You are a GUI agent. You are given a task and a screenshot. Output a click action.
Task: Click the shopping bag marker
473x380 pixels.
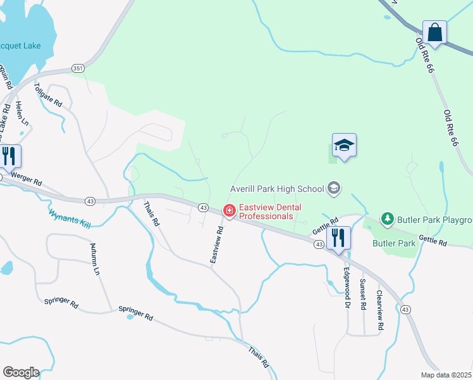click(435, 32)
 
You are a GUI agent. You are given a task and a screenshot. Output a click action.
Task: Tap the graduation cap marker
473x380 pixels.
click(344, 146)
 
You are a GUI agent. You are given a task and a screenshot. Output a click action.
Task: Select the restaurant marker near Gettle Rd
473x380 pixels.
click(338, 238)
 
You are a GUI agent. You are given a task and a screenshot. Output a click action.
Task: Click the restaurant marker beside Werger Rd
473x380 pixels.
click(9, 156)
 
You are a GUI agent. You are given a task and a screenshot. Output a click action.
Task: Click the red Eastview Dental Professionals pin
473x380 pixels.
click(229, 210)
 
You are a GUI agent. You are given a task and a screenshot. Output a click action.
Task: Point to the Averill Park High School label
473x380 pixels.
click(277, 188)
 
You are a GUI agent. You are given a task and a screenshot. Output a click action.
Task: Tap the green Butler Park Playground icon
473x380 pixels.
click(387, 219)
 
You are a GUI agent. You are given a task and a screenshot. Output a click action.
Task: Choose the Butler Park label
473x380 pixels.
click(394, 243)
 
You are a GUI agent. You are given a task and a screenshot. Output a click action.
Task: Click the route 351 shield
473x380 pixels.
click(78, 68)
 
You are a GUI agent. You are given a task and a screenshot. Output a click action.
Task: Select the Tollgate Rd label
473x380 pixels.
click(49, 95)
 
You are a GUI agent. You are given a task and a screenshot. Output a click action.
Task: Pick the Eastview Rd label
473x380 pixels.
click(217, 245)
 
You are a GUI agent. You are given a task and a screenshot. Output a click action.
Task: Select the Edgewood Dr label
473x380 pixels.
click(347, 287)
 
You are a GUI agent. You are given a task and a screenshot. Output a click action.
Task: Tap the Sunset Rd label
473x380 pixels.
click(363, 294)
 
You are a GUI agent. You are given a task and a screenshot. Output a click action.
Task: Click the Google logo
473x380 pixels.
click(20, 372)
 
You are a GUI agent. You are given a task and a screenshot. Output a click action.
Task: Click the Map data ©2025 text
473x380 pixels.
click(445, 374)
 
